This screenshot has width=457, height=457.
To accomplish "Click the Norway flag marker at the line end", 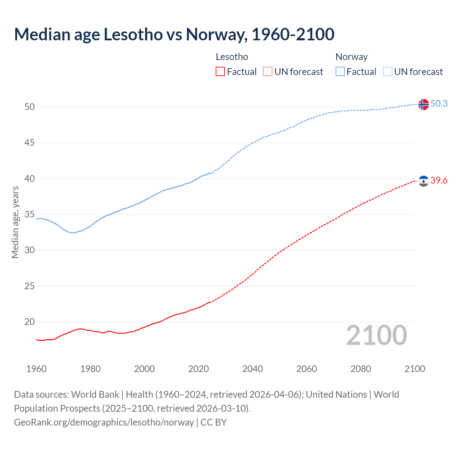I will pyautogui.click(x=423, y=104).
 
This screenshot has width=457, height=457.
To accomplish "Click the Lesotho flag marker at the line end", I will pyautogui.click(x=423, y=181).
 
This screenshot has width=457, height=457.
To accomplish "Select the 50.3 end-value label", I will pyautogui.click(x=439, y=104).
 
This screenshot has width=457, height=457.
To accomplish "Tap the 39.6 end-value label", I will pyautogui.click(x=439, y=180).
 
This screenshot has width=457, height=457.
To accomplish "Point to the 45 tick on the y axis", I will pyautogui.click(x=30, y=143).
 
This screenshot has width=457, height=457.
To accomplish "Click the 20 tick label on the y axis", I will pyautogui.click(x=30, y=322).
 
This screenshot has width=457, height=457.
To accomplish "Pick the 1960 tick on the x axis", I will pyautogui.click(x=36, y=369).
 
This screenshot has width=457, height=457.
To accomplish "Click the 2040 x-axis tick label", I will pyautogui.click(x=252, y=369).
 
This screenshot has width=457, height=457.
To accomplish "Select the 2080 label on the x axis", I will pyautogui.click(x=361, y=369).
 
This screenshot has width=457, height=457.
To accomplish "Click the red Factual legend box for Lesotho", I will pyautogui.click(x=220, y=72).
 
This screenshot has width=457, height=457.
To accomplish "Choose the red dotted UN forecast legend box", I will pyautogui.click(x=268, y=72).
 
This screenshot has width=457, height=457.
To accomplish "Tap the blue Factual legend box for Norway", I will pyautogui.click(x=340, y=72).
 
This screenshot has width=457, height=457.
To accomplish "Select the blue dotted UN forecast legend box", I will pyautogui.click(x=388, y=72).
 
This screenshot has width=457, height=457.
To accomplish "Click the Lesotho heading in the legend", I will pyautogui.click(x=232, y=57).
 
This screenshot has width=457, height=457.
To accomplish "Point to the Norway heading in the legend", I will pyautogui.click(x=351, y=57).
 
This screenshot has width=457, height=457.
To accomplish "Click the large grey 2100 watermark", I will pyautogui.click(x=376, y=335).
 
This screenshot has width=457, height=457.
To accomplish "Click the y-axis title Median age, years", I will pyautogui.click(x=15, y=222).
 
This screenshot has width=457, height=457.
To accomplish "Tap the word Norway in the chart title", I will pyautogui.click(x=215, y=34).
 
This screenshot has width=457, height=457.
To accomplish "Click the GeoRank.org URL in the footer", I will pyautogui.click(x=104, y=422).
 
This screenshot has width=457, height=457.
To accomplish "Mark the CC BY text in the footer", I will pyautogui.click(x=214, y=422).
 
